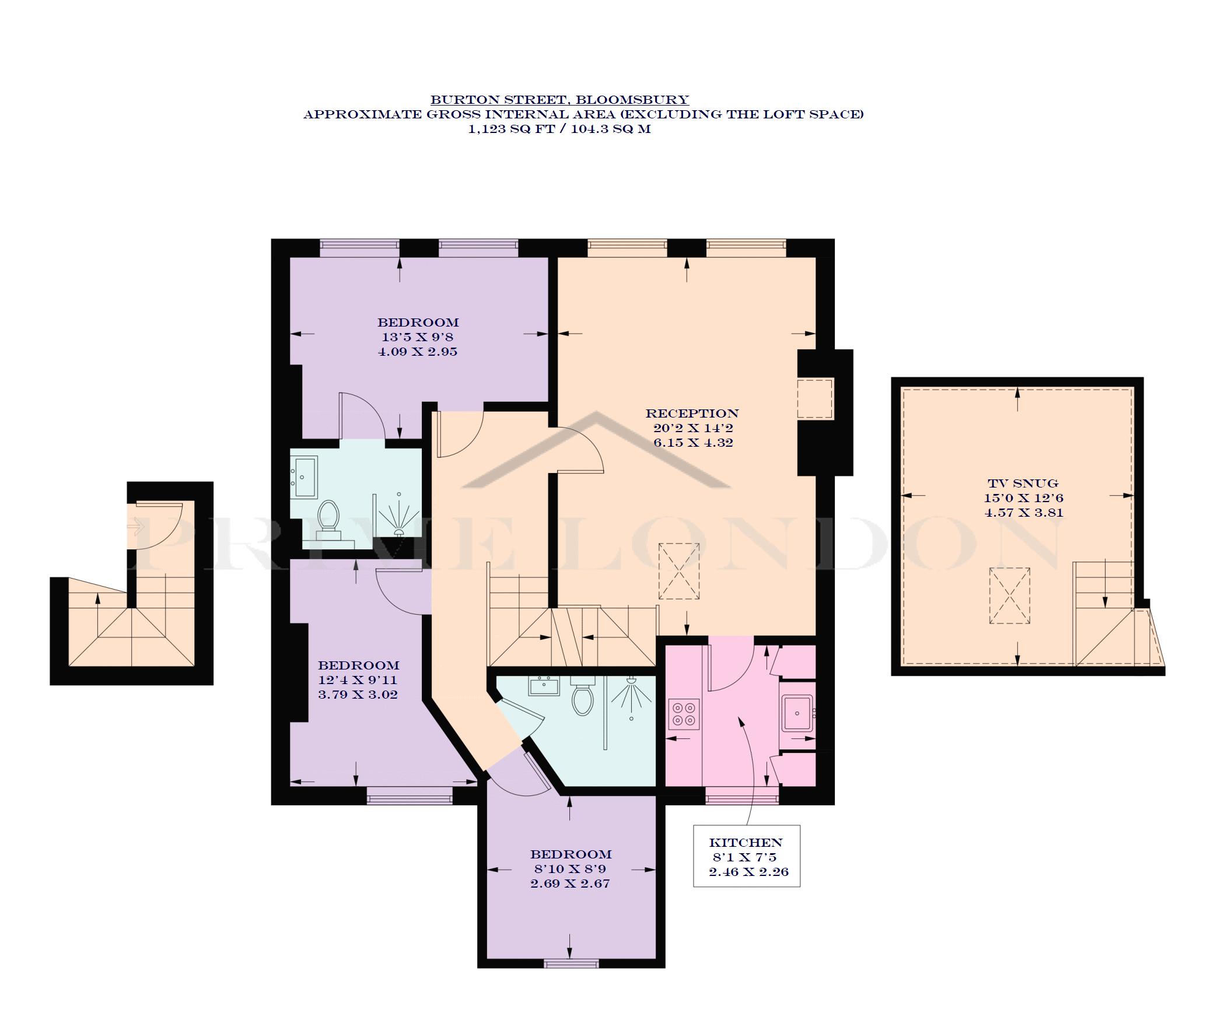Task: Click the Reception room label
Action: point(692,413)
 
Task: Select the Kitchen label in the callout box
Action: point(746,843)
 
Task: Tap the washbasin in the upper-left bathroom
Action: point(305,476)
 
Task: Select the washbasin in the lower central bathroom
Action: point(544,685)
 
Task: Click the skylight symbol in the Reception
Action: point(679,571)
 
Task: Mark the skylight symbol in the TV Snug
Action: point(1009,596)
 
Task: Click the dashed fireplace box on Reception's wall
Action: point(815,398)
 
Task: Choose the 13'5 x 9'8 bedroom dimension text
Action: point(417,337)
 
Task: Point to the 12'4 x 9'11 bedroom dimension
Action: point(358,680)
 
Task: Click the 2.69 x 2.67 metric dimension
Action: point(570,884)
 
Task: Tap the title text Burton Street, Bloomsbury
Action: point(559,100)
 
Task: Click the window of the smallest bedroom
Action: point(571,964)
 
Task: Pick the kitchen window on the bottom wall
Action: point(742,795)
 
